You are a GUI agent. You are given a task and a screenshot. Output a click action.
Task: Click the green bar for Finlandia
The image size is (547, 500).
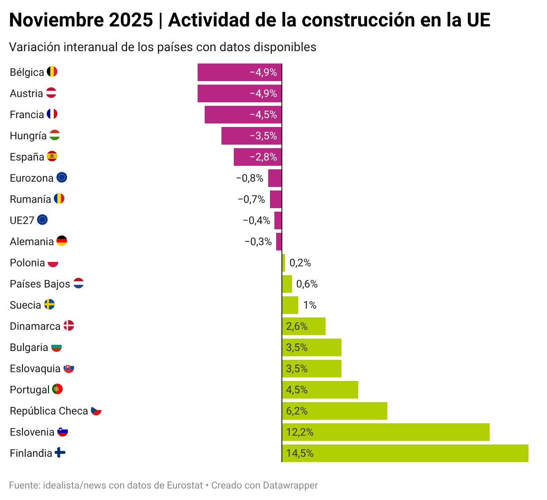405,453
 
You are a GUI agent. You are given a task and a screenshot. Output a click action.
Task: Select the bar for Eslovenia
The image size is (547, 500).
386,432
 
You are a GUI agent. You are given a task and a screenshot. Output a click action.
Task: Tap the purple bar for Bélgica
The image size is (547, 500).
240,72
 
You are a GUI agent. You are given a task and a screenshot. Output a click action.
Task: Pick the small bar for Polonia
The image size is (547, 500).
284,263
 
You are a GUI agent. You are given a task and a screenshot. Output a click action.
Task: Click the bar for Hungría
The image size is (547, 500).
251,136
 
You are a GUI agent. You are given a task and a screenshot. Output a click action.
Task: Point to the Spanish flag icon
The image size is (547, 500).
52,157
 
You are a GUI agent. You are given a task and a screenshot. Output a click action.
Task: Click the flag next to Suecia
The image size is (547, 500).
49,305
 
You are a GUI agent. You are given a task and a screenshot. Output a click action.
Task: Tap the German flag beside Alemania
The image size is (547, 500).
62,241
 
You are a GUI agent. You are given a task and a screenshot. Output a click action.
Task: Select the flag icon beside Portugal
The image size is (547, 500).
57,389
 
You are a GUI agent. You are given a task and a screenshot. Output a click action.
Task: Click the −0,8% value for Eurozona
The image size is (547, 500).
250,178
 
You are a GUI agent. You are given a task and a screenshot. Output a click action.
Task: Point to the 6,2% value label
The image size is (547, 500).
297,411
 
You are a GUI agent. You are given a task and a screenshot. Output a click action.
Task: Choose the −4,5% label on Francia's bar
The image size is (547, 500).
263,115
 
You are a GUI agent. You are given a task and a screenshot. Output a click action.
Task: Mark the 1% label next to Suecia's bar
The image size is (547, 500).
310,305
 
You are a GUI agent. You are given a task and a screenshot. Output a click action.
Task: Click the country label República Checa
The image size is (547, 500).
49,411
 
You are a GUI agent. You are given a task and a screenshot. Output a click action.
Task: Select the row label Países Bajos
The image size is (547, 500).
40,284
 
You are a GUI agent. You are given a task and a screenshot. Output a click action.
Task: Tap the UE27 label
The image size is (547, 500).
22,220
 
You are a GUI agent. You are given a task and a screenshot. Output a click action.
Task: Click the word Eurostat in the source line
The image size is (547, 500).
185,485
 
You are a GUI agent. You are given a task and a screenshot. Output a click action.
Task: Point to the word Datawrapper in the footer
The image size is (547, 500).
290,485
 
